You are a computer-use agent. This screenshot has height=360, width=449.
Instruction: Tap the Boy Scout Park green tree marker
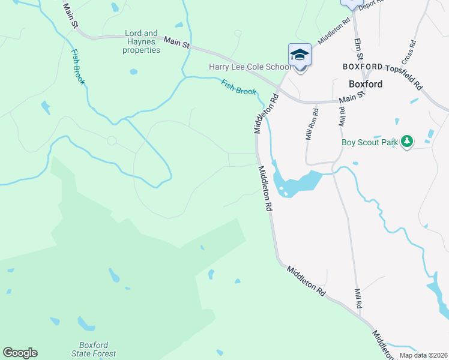point(408,141)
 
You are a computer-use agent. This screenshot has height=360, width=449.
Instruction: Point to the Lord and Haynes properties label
point(142,42)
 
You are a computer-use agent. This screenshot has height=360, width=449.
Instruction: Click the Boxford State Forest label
point(97,349)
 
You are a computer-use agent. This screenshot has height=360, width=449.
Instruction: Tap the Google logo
point(20,353)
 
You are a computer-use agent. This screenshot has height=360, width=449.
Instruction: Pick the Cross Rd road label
point(409,53)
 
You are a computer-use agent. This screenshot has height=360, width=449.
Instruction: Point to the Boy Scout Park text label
point(370,142)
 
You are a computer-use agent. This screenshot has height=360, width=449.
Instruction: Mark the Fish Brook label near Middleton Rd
point(238,88)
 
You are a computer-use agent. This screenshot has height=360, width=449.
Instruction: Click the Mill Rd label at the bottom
point(358,297)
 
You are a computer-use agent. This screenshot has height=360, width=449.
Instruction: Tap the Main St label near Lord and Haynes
point(177,43)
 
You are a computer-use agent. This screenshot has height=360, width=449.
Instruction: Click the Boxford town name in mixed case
point(366,84)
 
